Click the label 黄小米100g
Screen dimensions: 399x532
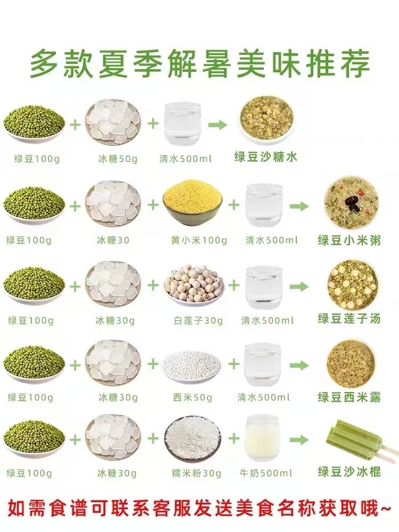pos(199,240)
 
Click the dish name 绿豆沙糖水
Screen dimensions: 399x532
pos(265,157)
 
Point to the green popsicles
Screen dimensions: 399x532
pos(361,442)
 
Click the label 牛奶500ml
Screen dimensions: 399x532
pos(265,473)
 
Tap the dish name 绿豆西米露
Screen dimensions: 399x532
pos(349,397)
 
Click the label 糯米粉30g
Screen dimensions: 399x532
pos(196,473)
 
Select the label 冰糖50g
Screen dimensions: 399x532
pos(118,159)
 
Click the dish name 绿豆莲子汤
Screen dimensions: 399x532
pos(349,319)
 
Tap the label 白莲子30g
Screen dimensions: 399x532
pos(198,321)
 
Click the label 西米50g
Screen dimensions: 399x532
pos(193,397)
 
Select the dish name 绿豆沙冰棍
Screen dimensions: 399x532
pos(349,471)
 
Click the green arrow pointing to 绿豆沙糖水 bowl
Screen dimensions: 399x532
pos(218,125)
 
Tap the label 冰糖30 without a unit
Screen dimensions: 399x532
pos(113,240)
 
